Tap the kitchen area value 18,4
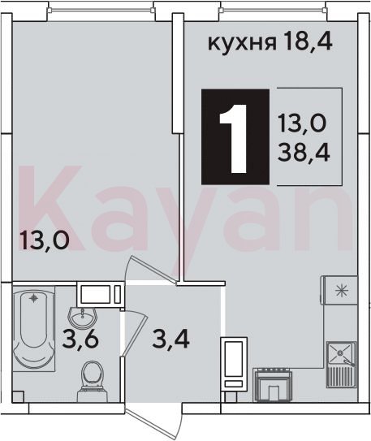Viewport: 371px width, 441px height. (308, 41)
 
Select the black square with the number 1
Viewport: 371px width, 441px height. (235, 136)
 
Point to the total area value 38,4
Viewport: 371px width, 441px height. (304, 153)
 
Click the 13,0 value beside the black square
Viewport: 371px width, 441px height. (303, 123)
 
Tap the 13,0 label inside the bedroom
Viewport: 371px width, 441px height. (43, 240)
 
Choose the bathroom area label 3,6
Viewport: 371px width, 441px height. (80, 339)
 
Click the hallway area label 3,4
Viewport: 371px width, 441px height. (170, 339)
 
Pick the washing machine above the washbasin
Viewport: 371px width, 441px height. (101, 294)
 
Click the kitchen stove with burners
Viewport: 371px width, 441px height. (273, 385)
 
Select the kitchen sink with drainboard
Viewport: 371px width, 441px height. (341, 365)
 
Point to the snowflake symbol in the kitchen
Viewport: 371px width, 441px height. (343, 291)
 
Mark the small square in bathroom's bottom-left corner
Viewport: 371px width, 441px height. (19, 397)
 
